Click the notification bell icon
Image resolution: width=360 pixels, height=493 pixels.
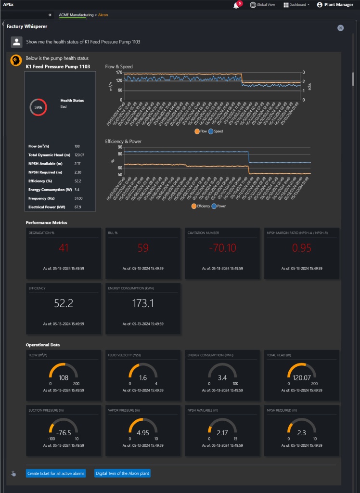coord(236,5)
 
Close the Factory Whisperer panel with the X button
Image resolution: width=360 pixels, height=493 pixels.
coord(341,28)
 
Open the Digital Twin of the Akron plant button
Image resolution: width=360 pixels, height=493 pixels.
coord(122,473)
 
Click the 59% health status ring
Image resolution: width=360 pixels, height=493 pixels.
coord(39,107)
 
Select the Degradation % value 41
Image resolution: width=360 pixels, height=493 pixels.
coord(64,248)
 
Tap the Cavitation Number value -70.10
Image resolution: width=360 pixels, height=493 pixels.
coord(222,248)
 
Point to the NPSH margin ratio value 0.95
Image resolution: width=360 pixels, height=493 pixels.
coord(302,248)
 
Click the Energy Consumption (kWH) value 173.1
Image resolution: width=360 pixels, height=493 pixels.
coord(143,303)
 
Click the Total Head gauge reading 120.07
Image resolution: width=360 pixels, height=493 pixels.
coord(302,378)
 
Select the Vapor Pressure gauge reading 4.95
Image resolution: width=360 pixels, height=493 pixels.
coord(143,432)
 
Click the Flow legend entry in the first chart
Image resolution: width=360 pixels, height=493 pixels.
coord(201,131)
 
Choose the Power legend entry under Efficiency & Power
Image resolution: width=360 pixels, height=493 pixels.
coord(219,206)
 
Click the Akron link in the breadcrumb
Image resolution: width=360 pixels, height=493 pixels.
coord(103,15)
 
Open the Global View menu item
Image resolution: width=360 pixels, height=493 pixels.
coord(262,5)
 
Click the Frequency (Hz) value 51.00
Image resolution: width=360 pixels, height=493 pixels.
coord(78,198)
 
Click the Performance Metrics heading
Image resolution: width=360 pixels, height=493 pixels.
coord(47,222)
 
